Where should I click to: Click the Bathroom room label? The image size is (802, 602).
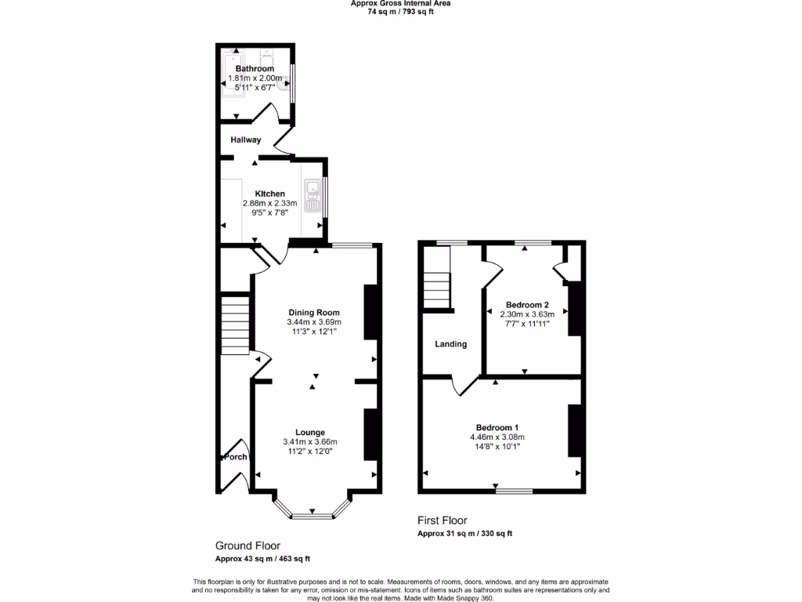tap(255, 69)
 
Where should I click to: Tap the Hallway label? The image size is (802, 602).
tap(245, 140)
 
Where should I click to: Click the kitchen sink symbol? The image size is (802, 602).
tap(312, 196)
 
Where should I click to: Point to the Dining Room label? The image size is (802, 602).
tap(313, 312)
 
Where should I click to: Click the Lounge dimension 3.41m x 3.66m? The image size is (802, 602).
tap(310, 442)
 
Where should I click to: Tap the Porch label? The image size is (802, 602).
tap(236, 457)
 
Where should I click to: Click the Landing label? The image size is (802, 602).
tap(450, 344)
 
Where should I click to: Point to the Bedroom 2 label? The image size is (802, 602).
tap(527, 305)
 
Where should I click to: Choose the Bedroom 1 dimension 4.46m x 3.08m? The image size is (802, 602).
tap(497, 437)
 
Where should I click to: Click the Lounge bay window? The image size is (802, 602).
tap(312, 514)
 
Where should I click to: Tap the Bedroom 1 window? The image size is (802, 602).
tap(514, 491)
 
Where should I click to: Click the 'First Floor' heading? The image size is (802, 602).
tap(443, 520)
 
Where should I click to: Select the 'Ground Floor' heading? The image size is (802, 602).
tap(247, 546)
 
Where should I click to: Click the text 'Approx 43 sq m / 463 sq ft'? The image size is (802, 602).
tap(262, 559)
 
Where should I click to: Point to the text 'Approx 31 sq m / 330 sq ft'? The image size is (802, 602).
tap(465, 534)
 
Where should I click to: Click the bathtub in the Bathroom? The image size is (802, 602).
tap(233, 74)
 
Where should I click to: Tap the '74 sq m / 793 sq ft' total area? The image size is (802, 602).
tap(400, 12)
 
